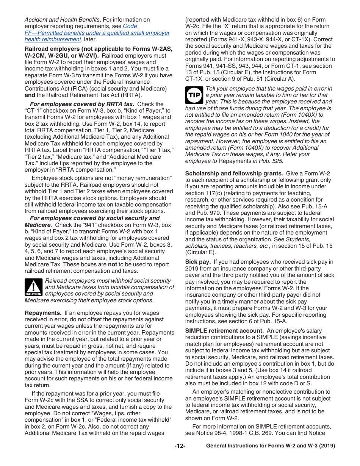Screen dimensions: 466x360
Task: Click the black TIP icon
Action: pyautogui.click(x=194, y=95)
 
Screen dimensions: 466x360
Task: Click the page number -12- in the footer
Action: pyautogui.click(x=180, y=446)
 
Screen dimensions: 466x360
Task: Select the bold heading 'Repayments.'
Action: pyautogui.click(x=43, y=313)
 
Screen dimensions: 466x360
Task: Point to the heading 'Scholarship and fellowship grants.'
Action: pyautogui.click(x=234, y=174)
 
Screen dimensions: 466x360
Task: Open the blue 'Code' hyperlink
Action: pyautogui.click(x=130, y=26)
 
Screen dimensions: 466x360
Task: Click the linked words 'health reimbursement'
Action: pyautogui.click(x=53, y=39)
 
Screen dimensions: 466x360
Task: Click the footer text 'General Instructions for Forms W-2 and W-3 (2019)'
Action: pyautogui.click(x=270, y=446)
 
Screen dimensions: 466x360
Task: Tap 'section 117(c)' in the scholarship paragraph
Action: pyautogui.click(x=203, y=193)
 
